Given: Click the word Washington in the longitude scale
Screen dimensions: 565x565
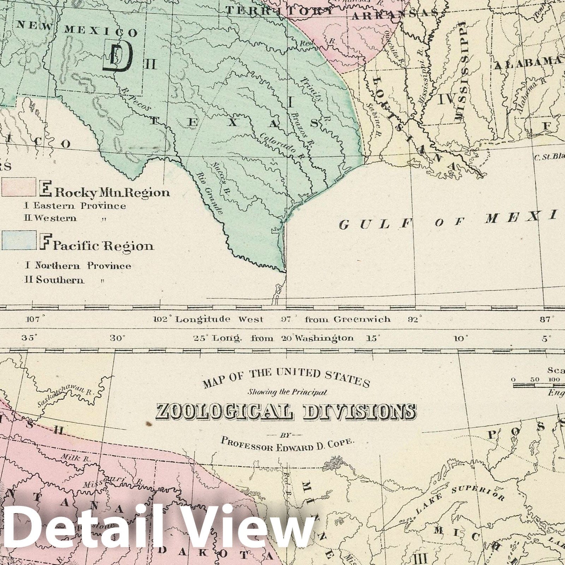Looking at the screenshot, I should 324,338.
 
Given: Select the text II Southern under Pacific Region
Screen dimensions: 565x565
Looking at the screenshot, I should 55,280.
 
